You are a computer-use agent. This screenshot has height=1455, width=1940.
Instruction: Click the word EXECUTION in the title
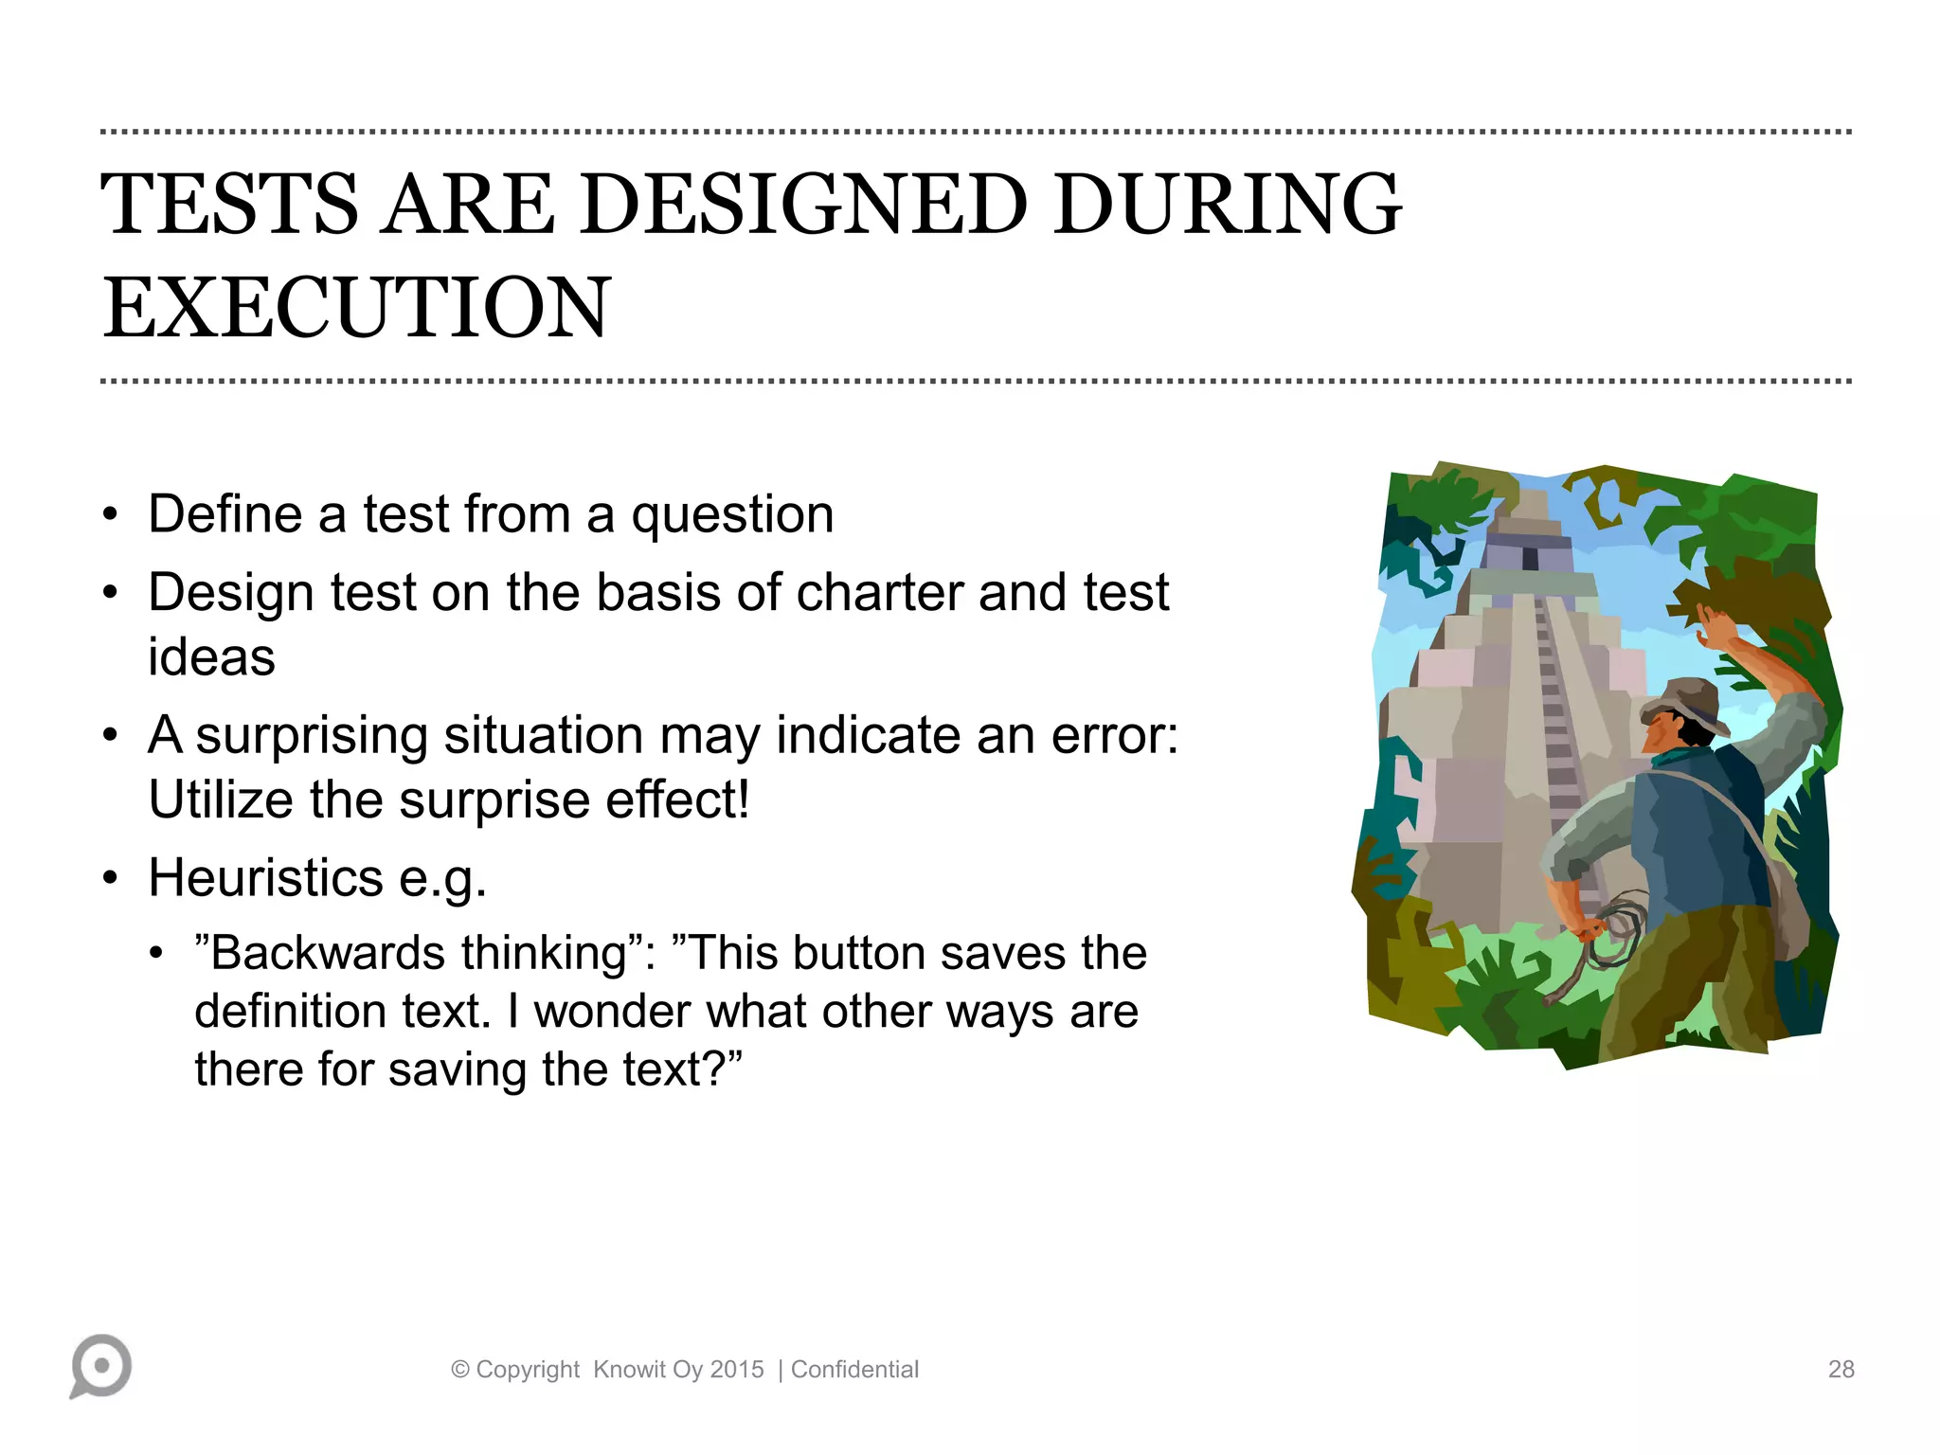[x=356, y=308]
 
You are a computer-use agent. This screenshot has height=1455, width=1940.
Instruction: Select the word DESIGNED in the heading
[x=803, y=205]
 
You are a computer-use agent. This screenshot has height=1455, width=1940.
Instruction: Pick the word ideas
[x=211, y=657]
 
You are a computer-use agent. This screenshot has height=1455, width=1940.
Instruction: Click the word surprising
[x=312, y=737]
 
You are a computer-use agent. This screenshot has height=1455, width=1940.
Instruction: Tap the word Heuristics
[x=265, y=878]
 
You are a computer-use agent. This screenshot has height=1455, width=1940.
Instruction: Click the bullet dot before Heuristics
[x=111, y=878]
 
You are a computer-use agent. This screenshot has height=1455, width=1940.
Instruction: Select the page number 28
[x=1841, y=1369]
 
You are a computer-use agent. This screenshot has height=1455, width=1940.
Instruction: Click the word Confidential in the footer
[x=854, y=1370]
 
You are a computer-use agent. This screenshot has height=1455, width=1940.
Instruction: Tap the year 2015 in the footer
[x=736, y=1370]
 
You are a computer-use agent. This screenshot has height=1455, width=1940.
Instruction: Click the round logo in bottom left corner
[x=100, y=1365]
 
